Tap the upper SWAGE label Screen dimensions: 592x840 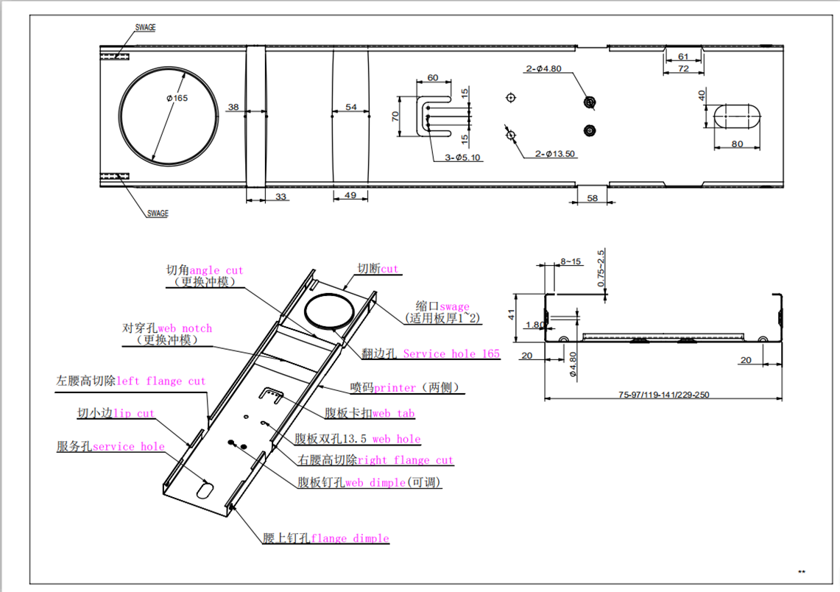click(x=145, y=27)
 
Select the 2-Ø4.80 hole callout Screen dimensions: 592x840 click(x=543, y=69)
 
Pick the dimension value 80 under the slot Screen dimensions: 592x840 click(x=738, y=144)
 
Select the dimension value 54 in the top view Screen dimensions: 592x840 click(x=351, y=108)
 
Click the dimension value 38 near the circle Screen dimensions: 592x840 click(x=233, y=108)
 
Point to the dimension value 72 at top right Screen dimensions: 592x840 click(x=682, y=68)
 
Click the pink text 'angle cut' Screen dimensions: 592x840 click(x=216, y=270)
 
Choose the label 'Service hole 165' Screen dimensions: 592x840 click(x=451, y=353)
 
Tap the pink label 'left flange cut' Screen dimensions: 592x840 click(x=161, y=381)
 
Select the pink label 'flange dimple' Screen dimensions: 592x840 click(x=350, y=538)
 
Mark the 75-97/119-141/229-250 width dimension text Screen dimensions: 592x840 click(x=665, y=395)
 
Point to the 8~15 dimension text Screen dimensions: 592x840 click(x=571, y=261)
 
